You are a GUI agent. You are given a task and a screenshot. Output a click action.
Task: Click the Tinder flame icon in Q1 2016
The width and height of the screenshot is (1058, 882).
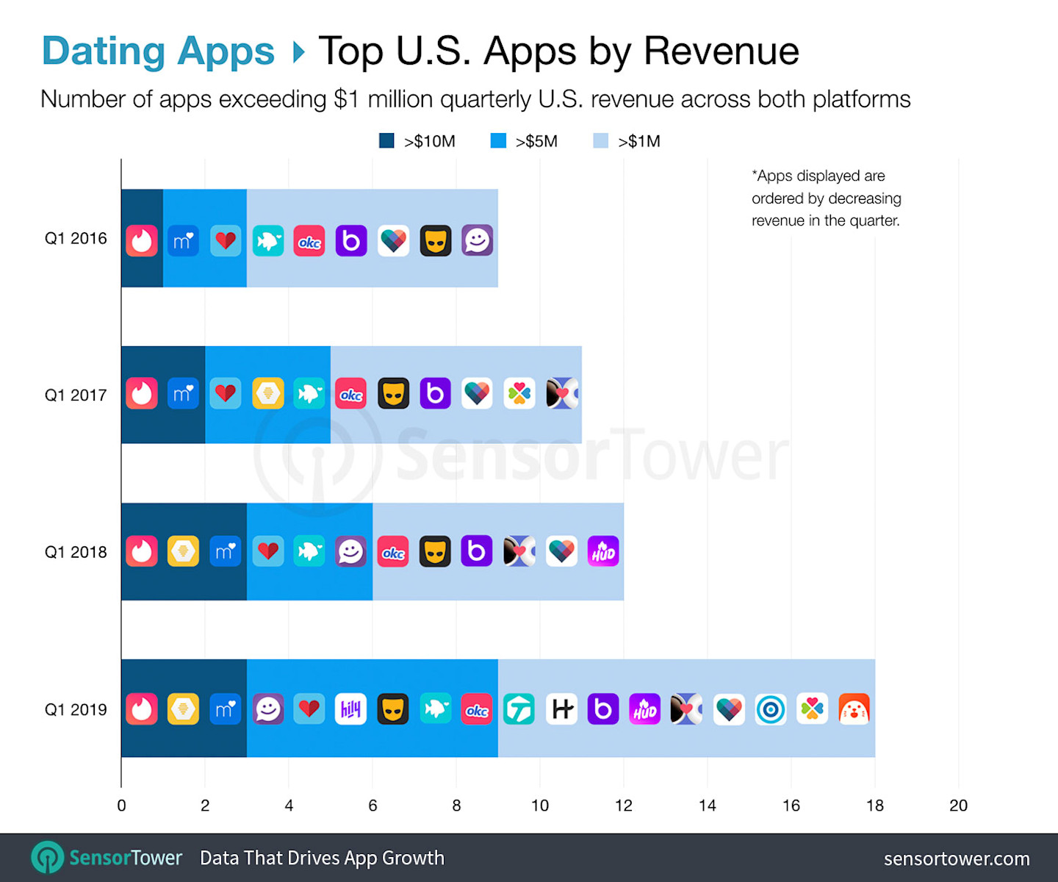(x=142, y=240)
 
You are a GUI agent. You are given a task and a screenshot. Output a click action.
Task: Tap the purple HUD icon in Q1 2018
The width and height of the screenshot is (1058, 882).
(x=603, y=551)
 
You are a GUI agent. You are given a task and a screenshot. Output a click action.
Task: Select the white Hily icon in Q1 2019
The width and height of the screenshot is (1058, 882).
(x=350, y=709)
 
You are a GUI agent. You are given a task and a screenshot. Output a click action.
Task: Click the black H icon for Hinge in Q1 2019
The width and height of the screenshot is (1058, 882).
(x=561, y=709)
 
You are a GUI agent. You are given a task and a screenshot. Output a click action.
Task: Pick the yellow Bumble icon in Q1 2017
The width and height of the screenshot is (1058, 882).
(x=268, y=394)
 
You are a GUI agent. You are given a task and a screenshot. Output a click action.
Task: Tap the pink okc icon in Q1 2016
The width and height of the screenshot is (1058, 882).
(x=309, y=240)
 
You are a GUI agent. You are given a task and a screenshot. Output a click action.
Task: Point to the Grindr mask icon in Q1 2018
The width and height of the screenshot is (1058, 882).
(x=435, y=551)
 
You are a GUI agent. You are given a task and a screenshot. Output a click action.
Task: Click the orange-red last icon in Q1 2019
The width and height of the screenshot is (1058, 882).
(x=854, y=709)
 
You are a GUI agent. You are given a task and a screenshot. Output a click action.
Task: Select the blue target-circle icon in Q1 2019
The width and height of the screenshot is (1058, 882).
(x=771, y=709)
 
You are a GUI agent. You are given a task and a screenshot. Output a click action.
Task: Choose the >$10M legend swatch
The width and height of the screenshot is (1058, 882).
(x=386, y=141)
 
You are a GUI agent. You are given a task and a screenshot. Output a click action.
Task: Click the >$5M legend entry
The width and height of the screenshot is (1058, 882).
(x=524, y=141)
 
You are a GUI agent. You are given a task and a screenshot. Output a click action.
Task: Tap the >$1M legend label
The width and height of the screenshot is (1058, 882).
(x=638, y=141)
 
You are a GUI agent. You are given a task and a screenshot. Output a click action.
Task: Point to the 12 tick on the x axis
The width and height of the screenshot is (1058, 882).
(x=623, y=806)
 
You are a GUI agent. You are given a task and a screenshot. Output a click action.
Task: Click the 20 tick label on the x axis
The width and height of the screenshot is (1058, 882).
(x=958, y=806)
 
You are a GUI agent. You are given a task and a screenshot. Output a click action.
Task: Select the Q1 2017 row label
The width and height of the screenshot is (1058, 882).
(x=76, y=395)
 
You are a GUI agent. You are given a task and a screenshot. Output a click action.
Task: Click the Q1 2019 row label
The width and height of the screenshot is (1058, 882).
(x=76, y=710)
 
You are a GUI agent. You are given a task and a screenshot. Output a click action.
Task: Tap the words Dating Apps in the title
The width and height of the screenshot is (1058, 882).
(x=158, y=51)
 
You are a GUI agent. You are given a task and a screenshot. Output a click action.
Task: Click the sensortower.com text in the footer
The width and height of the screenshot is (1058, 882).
(x=956, y=858)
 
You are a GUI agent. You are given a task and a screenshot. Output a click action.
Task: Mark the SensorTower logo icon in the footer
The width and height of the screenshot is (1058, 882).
(x=48, y=858)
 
